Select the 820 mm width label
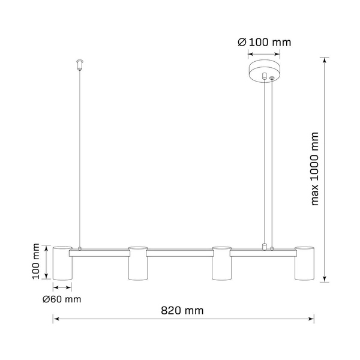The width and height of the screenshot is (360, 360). pyautogui.click(x=182, y=310)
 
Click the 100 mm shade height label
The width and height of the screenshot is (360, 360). pyautogui.click(x=37, y=261)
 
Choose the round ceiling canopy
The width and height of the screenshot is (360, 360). pyautogui.click(x=264, y=68)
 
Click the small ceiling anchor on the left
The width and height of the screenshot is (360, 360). pyautogui.click(x=79, y=64)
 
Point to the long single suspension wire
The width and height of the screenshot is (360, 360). pyautogui.click(x=80, y=156)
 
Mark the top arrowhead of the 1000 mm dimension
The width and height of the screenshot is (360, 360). pyautogui.click(x=325, y=60)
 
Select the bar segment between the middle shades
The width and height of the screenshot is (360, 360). pyautogui.click(x=179, y=254)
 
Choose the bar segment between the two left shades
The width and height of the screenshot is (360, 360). pyautogui.click(x=100, y=254)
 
